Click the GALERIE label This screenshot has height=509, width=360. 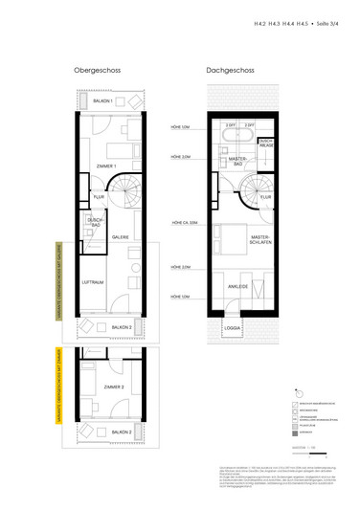click(122, 236)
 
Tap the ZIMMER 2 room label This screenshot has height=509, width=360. click(108, 387)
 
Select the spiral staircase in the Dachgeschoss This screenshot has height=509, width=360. click(256, 196)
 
